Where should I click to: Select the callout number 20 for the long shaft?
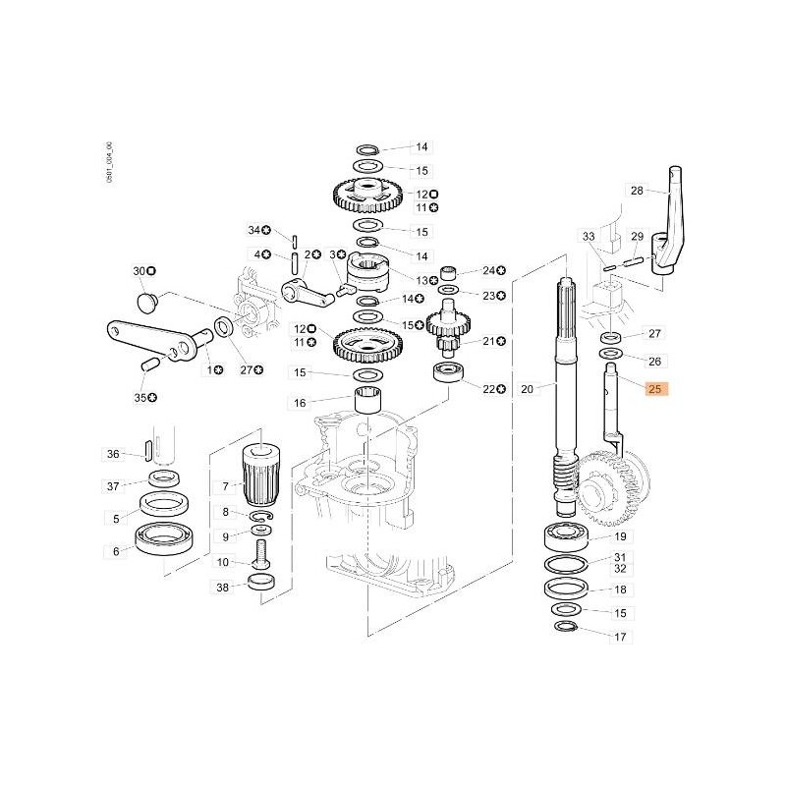click(x=527, y=389)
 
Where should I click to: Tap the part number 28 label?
click(x=637, y=190)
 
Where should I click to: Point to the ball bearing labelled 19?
click(x=566, y=537)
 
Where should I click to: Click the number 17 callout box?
click(x=620, y=637)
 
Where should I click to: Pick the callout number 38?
click(x=224, y=587)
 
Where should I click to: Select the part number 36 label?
click(x=114, y=454)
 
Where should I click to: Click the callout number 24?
click(x=489, y=270)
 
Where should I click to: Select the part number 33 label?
click(x=589, y=237)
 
